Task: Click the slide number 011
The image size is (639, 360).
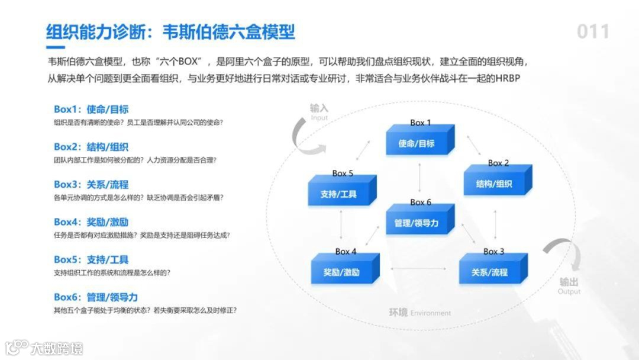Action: click(593, 31)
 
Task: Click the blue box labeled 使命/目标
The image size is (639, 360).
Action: click(417, 143)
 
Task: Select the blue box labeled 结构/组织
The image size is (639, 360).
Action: click(494, 184)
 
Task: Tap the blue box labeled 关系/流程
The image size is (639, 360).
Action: click(489, 272)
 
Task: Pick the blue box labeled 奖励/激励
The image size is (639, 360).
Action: click(342, 272)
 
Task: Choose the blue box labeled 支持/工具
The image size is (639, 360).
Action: click(338, 194)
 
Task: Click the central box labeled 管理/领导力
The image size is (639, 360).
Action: click(417, 223)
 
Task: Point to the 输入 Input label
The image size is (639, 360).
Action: click(319, 111)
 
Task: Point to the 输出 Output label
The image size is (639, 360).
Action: click(569, 285)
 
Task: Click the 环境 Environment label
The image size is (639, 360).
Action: click(419, 313)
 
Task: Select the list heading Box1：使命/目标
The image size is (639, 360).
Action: click(91, 110)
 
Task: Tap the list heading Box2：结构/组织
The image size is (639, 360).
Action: click(91, 147)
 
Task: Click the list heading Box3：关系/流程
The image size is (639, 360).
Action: click(91, 184)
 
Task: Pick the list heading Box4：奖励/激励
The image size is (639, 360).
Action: click(91, 222)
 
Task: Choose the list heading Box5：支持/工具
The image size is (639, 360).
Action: click(91, 259)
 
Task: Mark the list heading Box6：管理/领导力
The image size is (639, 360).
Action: click(96, 297)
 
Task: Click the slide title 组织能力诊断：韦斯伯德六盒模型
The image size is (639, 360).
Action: click(170, 31)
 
